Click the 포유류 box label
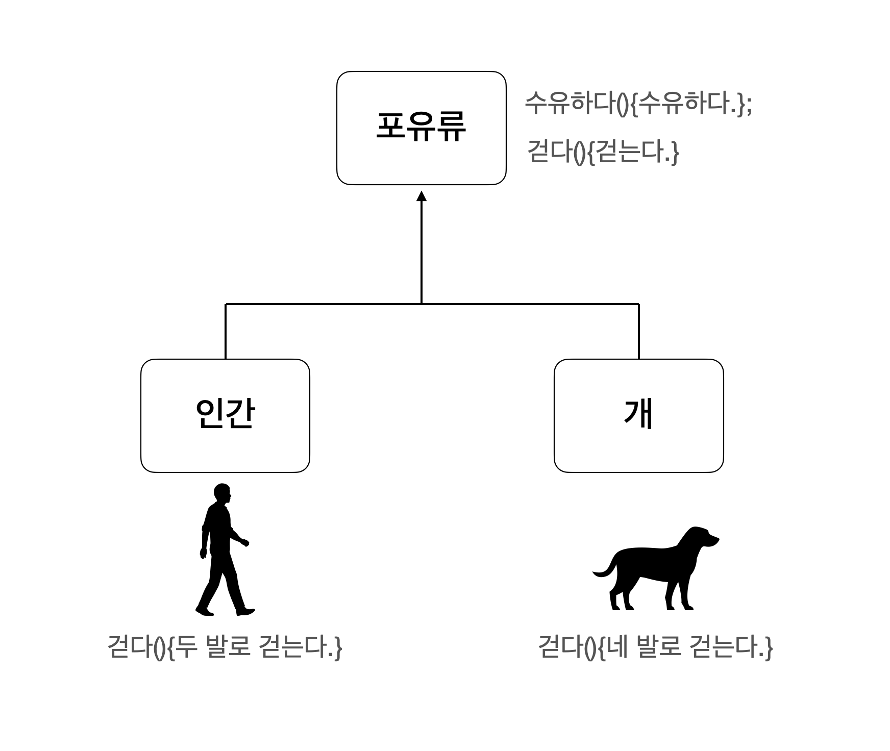click(421, 127)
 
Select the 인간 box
click(225, 415)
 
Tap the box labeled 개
click(638, 415)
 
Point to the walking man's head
click(222, 493)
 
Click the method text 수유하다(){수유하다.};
click(638, 104)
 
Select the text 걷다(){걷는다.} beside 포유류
click(603, 152)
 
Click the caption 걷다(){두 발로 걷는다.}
click(225, 646)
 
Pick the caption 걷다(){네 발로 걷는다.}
click(655, 646)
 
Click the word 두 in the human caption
click(185, 646)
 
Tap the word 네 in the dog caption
click(616, 646)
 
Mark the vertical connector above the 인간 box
click(226, 332)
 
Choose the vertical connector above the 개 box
click(638, 332)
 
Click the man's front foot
click(246, 611)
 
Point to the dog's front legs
click(679, 594)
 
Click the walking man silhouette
click(223, 551)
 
